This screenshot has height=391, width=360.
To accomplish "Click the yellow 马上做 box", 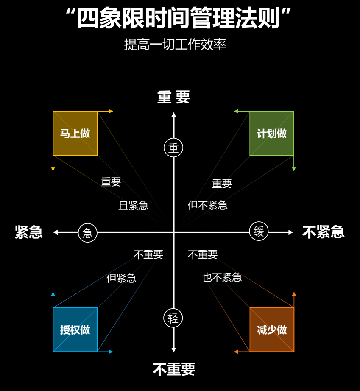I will click(75, 134).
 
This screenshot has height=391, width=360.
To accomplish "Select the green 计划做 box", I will click(272, 134).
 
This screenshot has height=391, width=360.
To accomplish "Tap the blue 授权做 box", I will click(75, 330).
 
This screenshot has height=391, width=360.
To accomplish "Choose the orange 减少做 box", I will click(272, 330).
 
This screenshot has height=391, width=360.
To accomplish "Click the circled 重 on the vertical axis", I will click(173, 148).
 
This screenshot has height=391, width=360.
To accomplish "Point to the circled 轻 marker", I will click(173, 318).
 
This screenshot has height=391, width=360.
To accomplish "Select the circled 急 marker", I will click(88, 232).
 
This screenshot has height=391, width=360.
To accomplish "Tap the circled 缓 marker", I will click(259, 232).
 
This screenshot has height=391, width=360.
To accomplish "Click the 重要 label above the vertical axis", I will click(173, 97).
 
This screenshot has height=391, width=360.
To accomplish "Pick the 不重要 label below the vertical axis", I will click(174, 369).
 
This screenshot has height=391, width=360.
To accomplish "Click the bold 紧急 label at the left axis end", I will click(29, 232).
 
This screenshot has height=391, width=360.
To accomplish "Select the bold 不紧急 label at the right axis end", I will click(323, 232).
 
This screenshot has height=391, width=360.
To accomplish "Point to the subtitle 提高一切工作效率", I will click(175, 45).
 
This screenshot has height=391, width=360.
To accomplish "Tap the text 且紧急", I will click(133, 206).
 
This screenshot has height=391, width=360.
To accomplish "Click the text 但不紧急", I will click(208, 205).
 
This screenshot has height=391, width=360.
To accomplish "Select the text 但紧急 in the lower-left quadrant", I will click(121, 278).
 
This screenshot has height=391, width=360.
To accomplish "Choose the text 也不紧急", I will click(222, 277).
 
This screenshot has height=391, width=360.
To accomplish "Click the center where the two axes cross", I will click(173, 232).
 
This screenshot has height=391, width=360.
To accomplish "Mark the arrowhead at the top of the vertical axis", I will click(173, 115).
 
